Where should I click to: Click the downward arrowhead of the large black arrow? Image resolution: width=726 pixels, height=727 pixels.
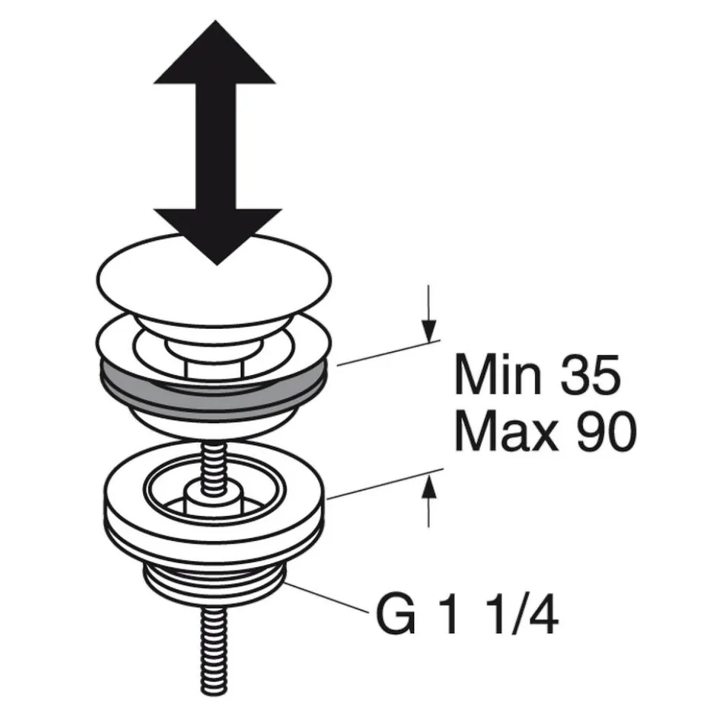pyautogui.click(x=217, y=234)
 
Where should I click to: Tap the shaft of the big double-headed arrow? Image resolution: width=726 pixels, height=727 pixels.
pyautogui.click(x=216, y=146)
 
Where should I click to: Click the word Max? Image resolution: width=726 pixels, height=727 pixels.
pyautogui.click(x=506, y=431)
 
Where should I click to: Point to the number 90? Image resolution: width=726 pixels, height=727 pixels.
pyautogui.click(x=606, y=431)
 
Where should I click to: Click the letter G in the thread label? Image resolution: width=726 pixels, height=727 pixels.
pyautogui.click(x=396, y=616)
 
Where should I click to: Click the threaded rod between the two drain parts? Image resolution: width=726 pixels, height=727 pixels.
pyautogui.click(x=214, y=464)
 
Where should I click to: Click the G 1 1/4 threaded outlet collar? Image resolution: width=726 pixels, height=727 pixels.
pyautogui.click(x=214, y=582)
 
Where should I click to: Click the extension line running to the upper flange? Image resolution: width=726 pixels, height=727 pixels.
pyautogui.click(x=388, y=353)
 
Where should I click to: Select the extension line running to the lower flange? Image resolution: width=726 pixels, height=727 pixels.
pyautogui.click(x=384, y=484)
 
